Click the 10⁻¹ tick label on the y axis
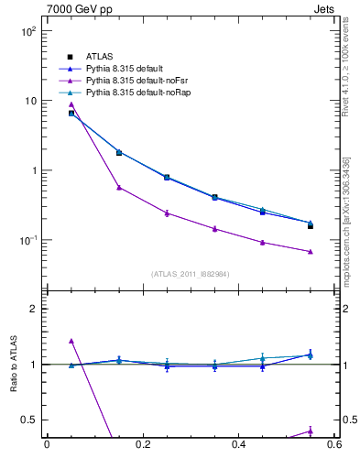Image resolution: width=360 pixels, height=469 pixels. click(x=27, y=240)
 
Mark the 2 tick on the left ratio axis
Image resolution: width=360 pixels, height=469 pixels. click(x=33, y=310)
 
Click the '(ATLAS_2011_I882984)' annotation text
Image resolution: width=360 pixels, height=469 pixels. click(x=190, y=274)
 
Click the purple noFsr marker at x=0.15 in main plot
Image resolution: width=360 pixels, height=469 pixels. click(x=119, y=187)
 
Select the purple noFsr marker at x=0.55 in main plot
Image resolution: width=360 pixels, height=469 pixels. click(x=311, y=251)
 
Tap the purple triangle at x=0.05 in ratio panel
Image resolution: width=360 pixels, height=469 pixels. click(x=71, y=341)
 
